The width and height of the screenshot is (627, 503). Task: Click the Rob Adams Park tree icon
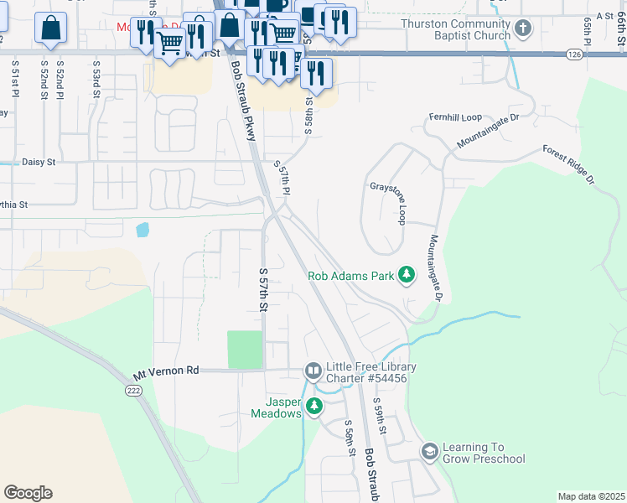click(407, 275)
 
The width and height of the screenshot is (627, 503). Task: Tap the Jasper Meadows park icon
click(313, 407)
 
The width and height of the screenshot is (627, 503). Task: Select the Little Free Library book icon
click(313, 371)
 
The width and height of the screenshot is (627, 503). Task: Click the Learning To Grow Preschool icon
click(430, 452)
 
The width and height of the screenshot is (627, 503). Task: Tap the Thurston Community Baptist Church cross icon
click(523, 29)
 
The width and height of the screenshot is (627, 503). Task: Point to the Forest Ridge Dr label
click(567, 164)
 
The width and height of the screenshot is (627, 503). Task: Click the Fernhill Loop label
click(455, 117)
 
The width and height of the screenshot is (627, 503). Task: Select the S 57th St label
click(262, 290)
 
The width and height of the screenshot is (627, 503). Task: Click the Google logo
click(28, 493)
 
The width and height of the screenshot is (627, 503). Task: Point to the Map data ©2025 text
click(590, 496)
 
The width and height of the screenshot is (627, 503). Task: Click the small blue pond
click(142, 228)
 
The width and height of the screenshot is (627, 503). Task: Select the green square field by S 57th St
click(245, 350)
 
